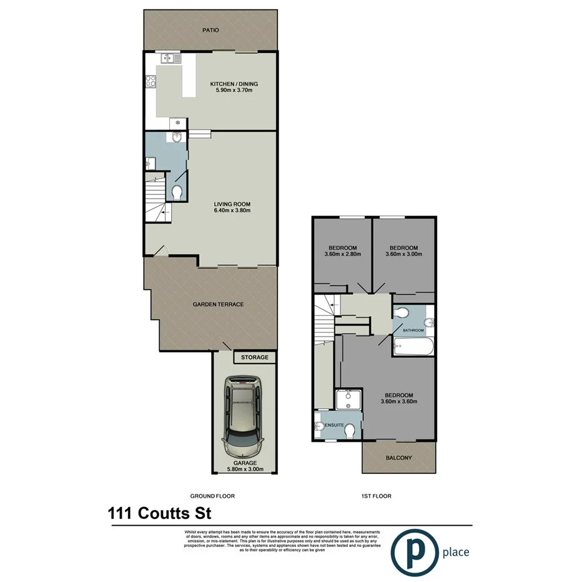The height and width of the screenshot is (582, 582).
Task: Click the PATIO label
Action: [210, 29]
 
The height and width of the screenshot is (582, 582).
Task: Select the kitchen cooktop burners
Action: [150, 80]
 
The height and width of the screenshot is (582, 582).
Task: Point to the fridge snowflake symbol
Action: [178, 122]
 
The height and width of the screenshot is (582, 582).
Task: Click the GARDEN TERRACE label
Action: [218, 304]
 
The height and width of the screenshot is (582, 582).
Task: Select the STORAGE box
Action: [255, 358]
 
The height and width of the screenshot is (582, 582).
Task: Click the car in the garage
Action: [244, 415]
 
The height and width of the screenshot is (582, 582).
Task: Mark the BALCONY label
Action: [398, 458]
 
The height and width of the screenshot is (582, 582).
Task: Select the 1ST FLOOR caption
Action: [375, 496]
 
